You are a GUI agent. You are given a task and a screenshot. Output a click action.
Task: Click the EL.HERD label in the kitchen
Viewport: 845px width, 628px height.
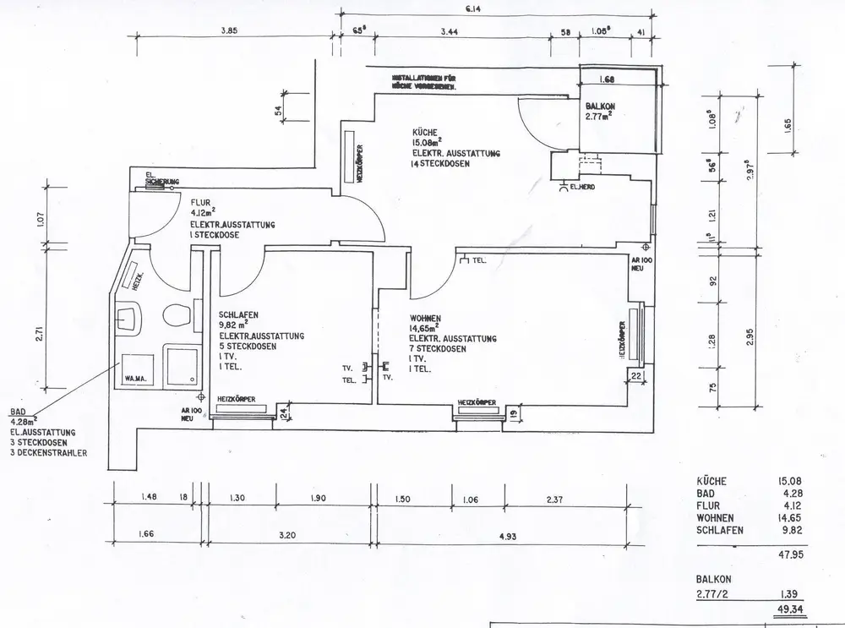click(582, 186)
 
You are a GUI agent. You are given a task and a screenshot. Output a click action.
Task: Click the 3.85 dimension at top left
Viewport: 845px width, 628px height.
click(231, 30)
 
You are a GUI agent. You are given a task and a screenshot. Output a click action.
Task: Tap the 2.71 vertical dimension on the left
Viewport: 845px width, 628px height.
click(40, 334)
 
